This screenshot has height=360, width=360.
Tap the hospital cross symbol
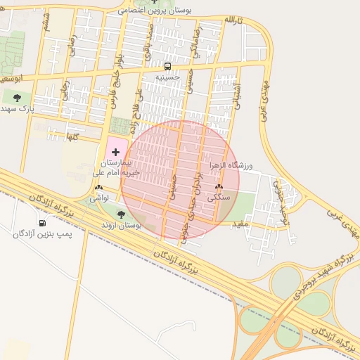(x=115, y=152)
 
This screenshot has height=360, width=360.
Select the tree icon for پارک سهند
(x=17, y=98)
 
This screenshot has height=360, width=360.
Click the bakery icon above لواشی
(x=98, y=188)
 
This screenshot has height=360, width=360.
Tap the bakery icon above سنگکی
(x=219, y=187)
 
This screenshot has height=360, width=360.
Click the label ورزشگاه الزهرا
(x=231, y=165)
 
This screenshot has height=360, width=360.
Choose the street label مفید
(x=241, y=224)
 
